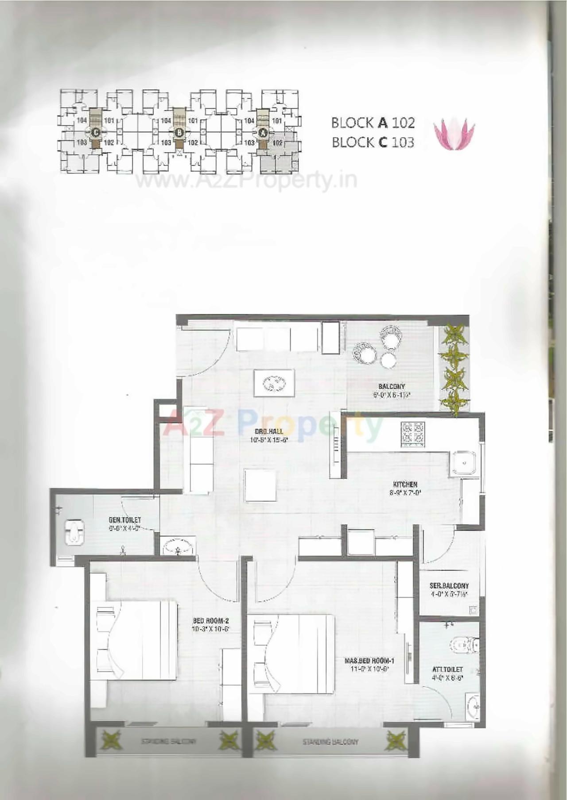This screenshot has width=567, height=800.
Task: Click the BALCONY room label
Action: coord(392,386)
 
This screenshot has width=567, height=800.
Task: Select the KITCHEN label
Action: coord(405,485)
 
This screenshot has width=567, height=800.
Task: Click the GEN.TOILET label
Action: coord(125,520)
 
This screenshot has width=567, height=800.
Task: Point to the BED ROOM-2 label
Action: coord(211,621)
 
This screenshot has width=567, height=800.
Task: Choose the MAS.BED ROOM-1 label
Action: coord(369,661)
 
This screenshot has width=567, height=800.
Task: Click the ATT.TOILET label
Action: coord(447,670)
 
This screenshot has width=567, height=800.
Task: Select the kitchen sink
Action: coord(463,464)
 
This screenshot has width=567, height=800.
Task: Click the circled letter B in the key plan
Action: coord(179,131)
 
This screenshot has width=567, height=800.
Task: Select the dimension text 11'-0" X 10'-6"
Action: coord(369,669)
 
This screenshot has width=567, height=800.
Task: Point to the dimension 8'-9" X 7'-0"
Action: coord(405,492)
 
